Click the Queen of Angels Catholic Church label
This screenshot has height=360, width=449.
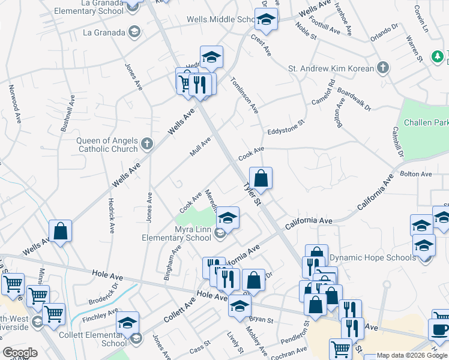pos(107,145)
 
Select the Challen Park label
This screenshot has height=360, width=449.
pos(426,122)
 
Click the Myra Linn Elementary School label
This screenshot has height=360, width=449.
pos(176,233)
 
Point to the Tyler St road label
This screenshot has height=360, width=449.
pos(252,193)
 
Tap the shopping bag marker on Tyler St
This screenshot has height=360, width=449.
pos(261,179)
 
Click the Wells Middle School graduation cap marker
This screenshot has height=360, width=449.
pos(265,20)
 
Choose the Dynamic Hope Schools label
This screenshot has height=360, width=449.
pos(373,257)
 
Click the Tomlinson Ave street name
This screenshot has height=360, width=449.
pos(244,95)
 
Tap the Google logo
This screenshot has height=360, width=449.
pos(20,353)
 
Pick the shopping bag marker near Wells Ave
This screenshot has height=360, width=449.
pos(61,231)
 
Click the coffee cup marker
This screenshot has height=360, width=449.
pos(439,331)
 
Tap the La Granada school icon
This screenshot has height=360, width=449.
pos(135,31)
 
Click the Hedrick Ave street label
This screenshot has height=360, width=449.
pos(111,215)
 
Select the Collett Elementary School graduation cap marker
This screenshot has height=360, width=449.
pos(127,323)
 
